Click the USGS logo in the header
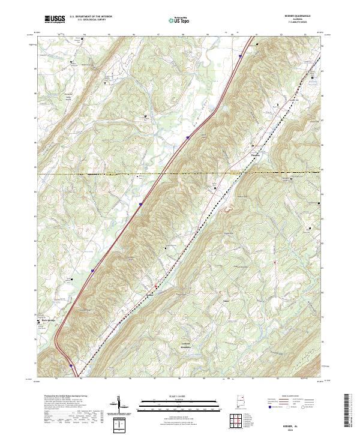click(x=55, y=19)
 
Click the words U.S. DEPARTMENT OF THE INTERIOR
click(x=91, y=17)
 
